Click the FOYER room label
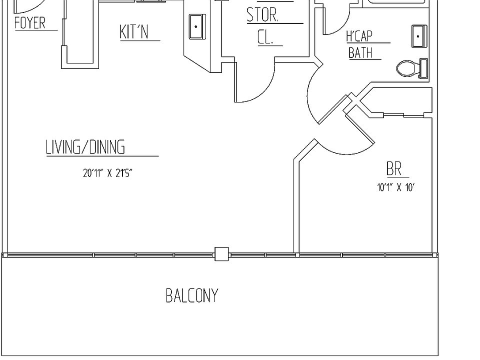[x=30, y=23]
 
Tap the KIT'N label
[x=134, y=31]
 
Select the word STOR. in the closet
[x=262, y=15]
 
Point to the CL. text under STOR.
[x=265, y=37]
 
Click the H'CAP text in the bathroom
[x=359, y=36]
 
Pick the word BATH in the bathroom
[x=360, y=52]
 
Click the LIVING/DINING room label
[x=85, y=147]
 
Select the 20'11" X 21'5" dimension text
[x=107, y=173]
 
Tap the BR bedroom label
[x=394, y=169]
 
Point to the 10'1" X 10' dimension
[x=396, y=188]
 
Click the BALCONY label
[x=192, y=295]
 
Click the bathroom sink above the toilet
[x=418, y=36]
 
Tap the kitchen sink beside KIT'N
[x=196, y=26]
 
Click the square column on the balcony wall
[x=221, y=254]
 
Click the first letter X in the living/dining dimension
[x=109, y=173]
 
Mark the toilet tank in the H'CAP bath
[x=424, y=68]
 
